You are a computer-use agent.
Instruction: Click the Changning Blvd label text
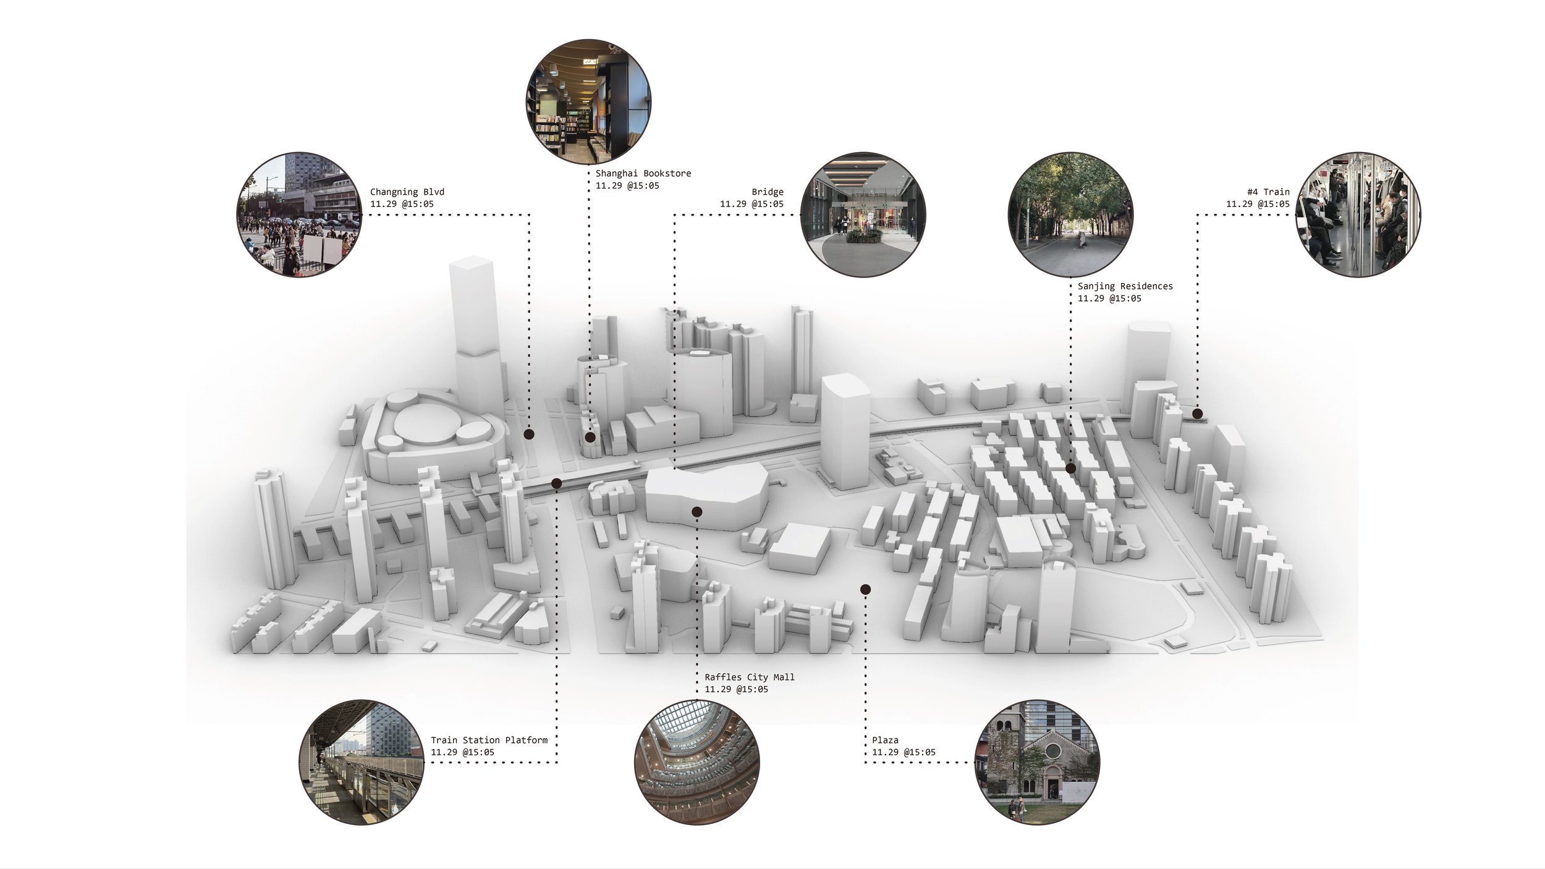pyautogui.click(x=407, y=192)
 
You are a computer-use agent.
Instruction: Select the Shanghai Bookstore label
pyautogui.click(x=643, y=174)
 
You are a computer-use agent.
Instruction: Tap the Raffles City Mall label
pyautogui.click(x=749, y=677)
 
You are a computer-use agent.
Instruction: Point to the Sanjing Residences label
pyautogui.click(x=1125, y=286)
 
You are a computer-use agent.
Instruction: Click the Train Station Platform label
pyautogui.click(x=489, y=740)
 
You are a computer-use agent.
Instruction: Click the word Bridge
pyautogui.click(x=767, y=192)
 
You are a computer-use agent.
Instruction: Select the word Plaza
pyautogui.click(x=885, y=740)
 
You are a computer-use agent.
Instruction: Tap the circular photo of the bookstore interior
pyautogui.click(x=588, y=102)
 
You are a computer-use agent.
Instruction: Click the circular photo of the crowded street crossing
pyautogui.click(x=300, y=214)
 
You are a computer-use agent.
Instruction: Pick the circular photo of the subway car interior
pyautogui.click(x=1358, y=214)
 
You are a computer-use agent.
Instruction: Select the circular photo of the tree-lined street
pyautogui.click(x=1070, y=214)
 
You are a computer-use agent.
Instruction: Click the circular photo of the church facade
pyautogui.click(x=1037, y=761)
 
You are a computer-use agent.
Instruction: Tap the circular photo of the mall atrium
pyautogui.click(x=697, y=761)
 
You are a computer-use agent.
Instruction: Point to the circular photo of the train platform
pyautogui.click(x=362, y=761)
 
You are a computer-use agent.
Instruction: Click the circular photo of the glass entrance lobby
pyautogui.click(x=863, y=214)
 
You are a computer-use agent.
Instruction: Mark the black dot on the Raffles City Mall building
pyautogui.click(x=697, y=512)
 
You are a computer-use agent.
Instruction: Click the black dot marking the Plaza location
pyautogui.click(x=865, y=590)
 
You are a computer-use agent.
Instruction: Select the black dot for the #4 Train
pyautogui.click(x=1197, y=413)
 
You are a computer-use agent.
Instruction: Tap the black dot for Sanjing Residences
pyautogui.click(x=1070, y=468)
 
